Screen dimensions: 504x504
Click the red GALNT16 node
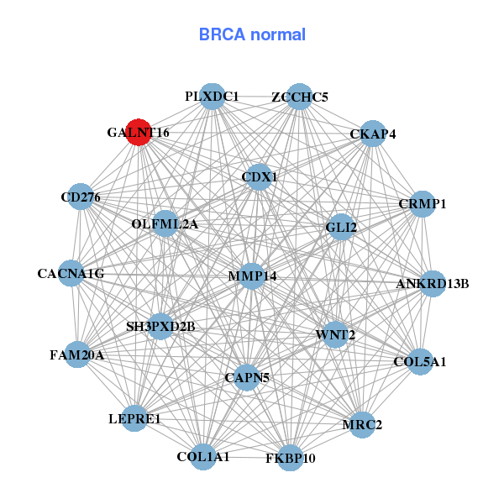pos(139,132)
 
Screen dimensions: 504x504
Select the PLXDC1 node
pos(213,97)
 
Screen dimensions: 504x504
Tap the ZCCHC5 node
pos(299,97)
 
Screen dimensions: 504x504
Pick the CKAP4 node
pos(372,134)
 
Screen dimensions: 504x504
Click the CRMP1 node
pos(422,204)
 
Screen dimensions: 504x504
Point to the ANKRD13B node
pos(433,283)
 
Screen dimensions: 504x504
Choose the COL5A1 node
pos(420,362)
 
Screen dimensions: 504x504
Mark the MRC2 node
pos(362,424)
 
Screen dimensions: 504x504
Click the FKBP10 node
pos(290,458)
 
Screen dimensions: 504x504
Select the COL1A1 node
pos(202,457)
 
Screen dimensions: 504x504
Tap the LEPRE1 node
pos(134,417)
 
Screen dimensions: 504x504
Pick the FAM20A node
pos(77,354)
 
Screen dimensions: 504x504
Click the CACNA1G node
pos(71,273)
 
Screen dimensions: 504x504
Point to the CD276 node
pos(81,197)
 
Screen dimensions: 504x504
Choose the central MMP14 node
pos(252,276)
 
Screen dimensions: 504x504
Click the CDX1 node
pos(259,177)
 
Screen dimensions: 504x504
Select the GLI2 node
pos(341,227)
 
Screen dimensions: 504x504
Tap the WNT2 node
pos(335,335)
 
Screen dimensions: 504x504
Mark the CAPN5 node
pos(247,378)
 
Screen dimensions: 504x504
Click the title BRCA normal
pos(252,34)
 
